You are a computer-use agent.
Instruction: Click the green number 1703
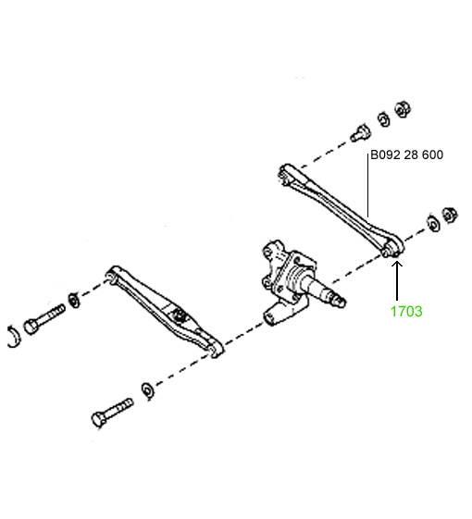[x=406, y=312]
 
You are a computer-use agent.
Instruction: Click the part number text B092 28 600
[x=406, y=154]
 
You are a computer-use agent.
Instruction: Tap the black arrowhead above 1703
[x=397, y=265]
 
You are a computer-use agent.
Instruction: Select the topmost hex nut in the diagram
[x=403, y=109]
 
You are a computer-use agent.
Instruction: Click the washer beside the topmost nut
[x=384, y=119]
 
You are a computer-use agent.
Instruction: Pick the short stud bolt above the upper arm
[x=360, y=133]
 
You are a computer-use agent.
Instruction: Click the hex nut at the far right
[x=450, y=216]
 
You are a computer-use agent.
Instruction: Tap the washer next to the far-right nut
[x=433, y=224]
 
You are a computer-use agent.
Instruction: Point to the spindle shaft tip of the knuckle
[x=341, y=302]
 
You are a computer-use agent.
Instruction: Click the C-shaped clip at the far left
[x=14, y=337]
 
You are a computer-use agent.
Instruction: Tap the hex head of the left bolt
[x=31, y=327]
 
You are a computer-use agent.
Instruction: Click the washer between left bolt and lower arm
[x=74, y=301]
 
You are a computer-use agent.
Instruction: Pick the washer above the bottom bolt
[x=148, y=391]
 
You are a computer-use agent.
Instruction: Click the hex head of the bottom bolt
[x=99, y=420]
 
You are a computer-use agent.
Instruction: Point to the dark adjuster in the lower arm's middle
[x=179, y=315]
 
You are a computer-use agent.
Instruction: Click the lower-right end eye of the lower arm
[x=216, y=349]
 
